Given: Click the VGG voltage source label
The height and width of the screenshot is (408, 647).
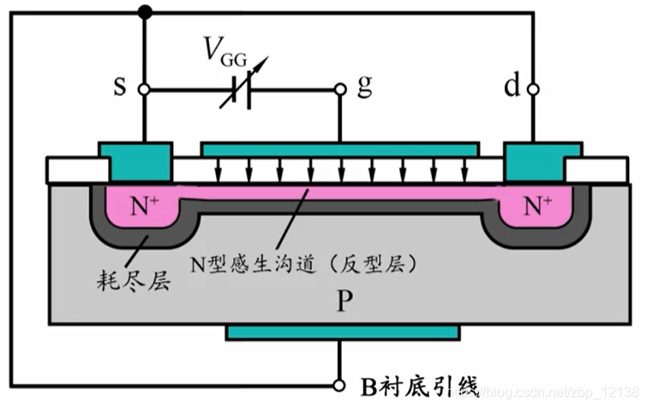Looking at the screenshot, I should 225,54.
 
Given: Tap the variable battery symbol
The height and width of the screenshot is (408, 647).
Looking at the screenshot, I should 241,89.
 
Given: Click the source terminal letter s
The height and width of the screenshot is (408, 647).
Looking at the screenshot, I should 119,87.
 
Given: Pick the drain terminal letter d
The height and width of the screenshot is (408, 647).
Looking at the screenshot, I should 512,87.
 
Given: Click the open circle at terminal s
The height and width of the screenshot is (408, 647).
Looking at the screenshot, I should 143,89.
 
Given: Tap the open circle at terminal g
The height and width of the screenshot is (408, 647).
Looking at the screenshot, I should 340,89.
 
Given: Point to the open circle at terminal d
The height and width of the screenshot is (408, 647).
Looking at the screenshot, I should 533,89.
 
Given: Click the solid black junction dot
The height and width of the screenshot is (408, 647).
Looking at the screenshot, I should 143,12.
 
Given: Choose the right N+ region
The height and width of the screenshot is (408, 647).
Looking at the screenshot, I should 537,207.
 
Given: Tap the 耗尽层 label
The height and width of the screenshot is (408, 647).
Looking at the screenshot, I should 129,279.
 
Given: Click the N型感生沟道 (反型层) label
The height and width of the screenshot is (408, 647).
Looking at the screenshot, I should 304,265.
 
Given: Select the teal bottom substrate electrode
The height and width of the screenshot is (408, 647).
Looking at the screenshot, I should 343,332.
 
